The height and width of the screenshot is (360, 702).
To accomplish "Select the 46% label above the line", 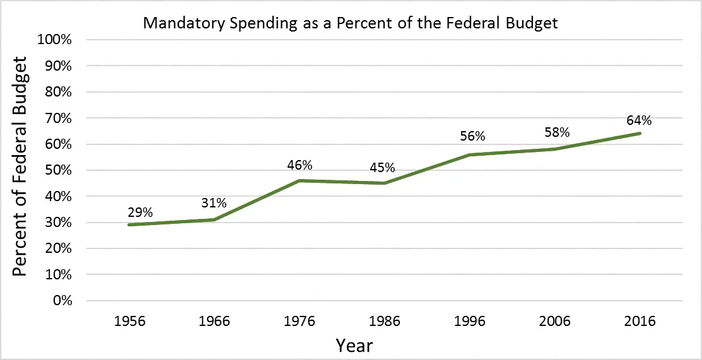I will [x=300, y=166].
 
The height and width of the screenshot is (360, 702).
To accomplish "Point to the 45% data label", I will [x=382, y=168].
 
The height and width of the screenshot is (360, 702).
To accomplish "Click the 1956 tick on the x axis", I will [x=129, y=321].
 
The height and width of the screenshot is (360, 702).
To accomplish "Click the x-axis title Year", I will [x=354, y=345].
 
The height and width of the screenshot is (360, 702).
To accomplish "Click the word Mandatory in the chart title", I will [x=177, y=23].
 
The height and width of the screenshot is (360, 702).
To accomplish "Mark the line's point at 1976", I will [x=300, y=180].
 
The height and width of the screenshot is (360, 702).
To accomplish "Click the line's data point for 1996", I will [x=471, y=154].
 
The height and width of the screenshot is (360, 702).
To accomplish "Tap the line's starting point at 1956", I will [x=129, y=224].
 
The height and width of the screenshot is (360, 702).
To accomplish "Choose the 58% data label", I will [x=556, y=133].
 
